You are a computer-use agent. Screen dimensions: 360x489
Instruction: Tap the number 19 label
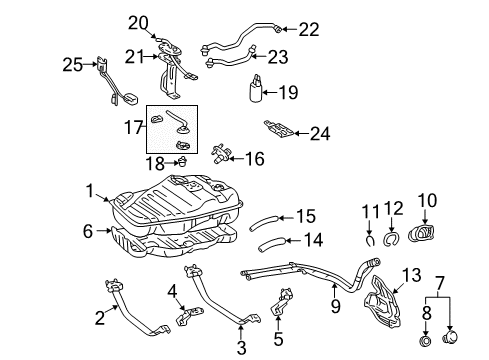(287, 93)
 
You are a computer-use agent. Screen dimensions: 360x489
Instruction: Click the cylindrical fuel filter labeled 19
(252, 93)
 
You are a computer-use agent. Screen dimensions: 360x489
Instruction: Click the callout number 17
(132, 129)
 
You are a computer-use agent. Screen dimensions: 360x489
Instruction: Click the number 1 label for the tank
(90, 189)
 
